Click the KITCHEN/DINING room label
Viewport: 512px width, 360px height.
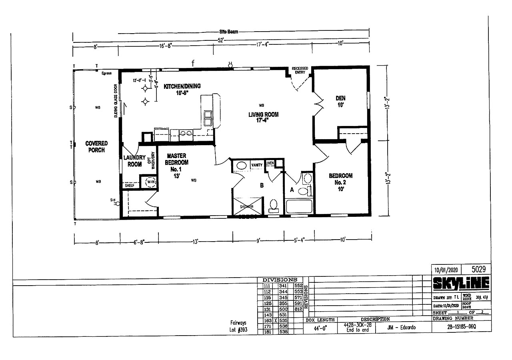182,89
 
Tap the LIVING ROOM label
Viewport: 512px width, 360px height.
263,117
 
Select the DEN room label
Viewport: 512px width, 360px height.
340,101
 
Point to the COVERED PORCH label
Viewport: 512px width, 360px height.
96,147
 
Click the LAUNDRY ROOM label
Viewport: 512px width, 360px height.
134,161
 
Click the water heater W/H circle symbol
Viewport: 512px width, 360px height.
151,182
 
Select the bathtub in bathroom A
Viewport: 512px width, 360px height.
299,207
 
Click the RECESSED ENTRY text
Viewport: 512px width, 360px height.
300,70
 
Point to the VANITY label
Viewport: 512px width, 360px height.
256,165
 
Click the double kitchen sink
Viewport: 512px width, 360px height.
208,118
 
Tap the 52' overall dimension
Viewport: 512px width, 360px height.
220,40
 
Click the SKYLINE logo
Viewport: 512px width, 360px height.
461,283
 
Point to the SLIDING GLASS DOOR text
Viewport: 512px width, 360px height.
116,100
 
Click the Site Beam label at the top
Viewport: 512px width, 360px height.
228,32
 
